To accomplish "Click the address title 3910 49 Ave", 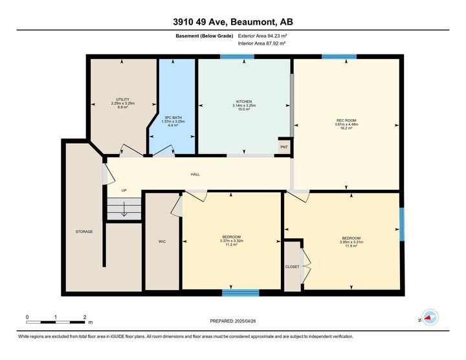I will [232, 21].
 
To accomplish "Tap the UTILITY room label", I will [122, 99].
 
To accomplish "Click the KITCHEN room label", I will [244, 102].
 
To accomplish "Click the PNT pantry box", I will [284, 147].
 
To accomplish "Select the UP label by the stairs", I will [124, 190].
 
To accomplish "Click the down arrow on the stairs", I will [123, 210].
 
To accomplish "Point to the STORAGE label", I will [84, 231].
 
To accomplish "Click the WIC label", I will [162, 242].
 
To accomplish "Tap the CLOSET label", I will [293, 266].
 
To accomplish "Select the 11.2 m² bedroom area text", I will [231, 245].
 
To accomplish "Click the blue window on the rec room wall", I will [338, 57].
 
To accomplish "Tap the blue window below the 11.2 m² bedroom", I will [240, 293].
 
